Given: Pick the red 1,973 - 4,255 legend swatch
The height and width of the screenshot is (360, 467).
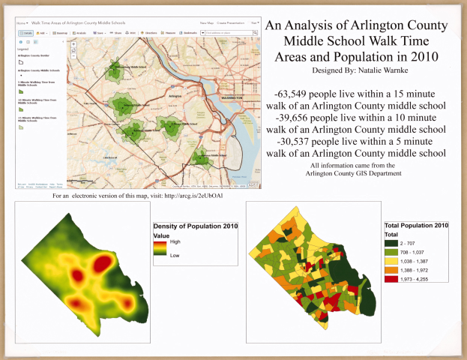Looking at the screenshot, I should [391, 279].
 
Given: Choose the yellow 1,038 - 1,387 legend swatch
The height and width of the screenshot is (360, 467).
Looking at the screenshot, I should [391, 261].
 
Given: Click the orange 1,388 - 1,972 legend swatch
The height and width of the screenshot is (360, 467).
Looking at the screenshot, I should [391, 270].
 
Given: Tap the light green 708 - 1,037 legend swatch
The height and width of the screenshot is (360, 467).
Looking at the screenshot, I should [391, 252].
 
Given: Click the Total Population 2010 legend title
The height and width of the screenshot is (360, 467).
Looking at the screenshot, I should [416, 225].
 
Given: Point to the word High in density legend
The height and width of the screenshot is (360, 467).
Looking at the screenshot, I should [174, 241].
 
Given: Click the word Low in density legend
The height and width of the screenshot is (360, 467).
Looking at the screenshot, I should [174, 255].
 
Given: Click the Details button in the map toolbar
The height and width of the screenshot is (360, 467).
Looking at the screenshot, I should [25, 34].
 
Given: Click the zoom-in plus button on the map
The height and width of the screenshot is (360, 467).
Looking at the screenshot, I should [73, 44].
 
